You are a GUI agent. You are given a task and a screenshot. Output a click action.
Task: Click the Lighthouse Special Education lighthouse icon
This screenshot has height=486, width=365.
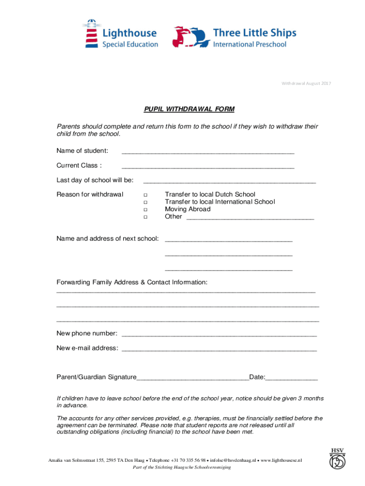pos(91,33)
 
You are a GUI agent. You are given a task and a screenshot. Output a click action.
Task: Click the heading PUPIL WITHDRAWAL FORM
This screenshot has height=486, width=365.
pos(189,109)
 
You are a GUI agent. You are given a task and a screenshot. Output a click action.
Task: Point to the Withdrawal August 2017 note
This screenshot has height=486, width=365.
pos(306,84)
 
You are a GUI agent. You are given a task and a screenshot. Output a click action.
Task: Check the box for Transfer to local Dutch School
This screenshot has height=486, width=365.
pos(145,195)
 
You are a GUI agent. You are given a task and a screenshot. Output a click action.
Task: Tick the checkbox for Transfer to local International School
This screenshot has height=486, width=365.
pos(145,202)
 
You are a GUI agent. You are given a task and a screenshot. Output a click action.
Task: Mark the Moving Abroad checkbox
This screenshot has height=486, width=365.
pos(145,209)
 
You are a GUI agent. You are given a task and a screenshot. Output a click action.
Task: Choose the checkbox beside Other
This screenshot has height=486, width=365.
pos(145,217)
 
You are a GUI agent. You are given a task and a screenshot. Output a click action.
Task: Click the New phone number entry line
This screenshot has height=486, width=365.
pos(219,336)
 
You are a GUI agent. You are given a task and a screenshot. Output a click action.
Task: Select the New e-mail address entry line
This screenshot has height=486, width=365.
pos(219,350)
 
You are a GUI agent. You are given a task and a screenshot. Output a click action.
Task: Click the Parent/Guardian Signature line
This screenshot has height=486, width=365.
pos(192,379)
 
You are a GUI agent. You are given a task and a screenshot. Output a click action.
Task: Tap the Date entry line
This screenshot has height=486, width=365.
pos(292,379)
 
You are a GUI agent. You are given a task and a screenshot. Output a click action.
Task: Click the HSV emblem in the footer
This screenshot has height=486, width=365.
pos(338,458)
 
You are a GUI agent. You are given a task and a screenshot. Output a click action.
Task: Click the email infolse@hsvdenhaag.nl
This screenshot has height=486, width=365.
pos(233,460)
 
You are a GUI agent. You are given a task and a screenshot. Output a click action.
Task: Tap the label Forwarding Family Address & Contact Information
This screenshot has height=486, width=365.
pos(132,282)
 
